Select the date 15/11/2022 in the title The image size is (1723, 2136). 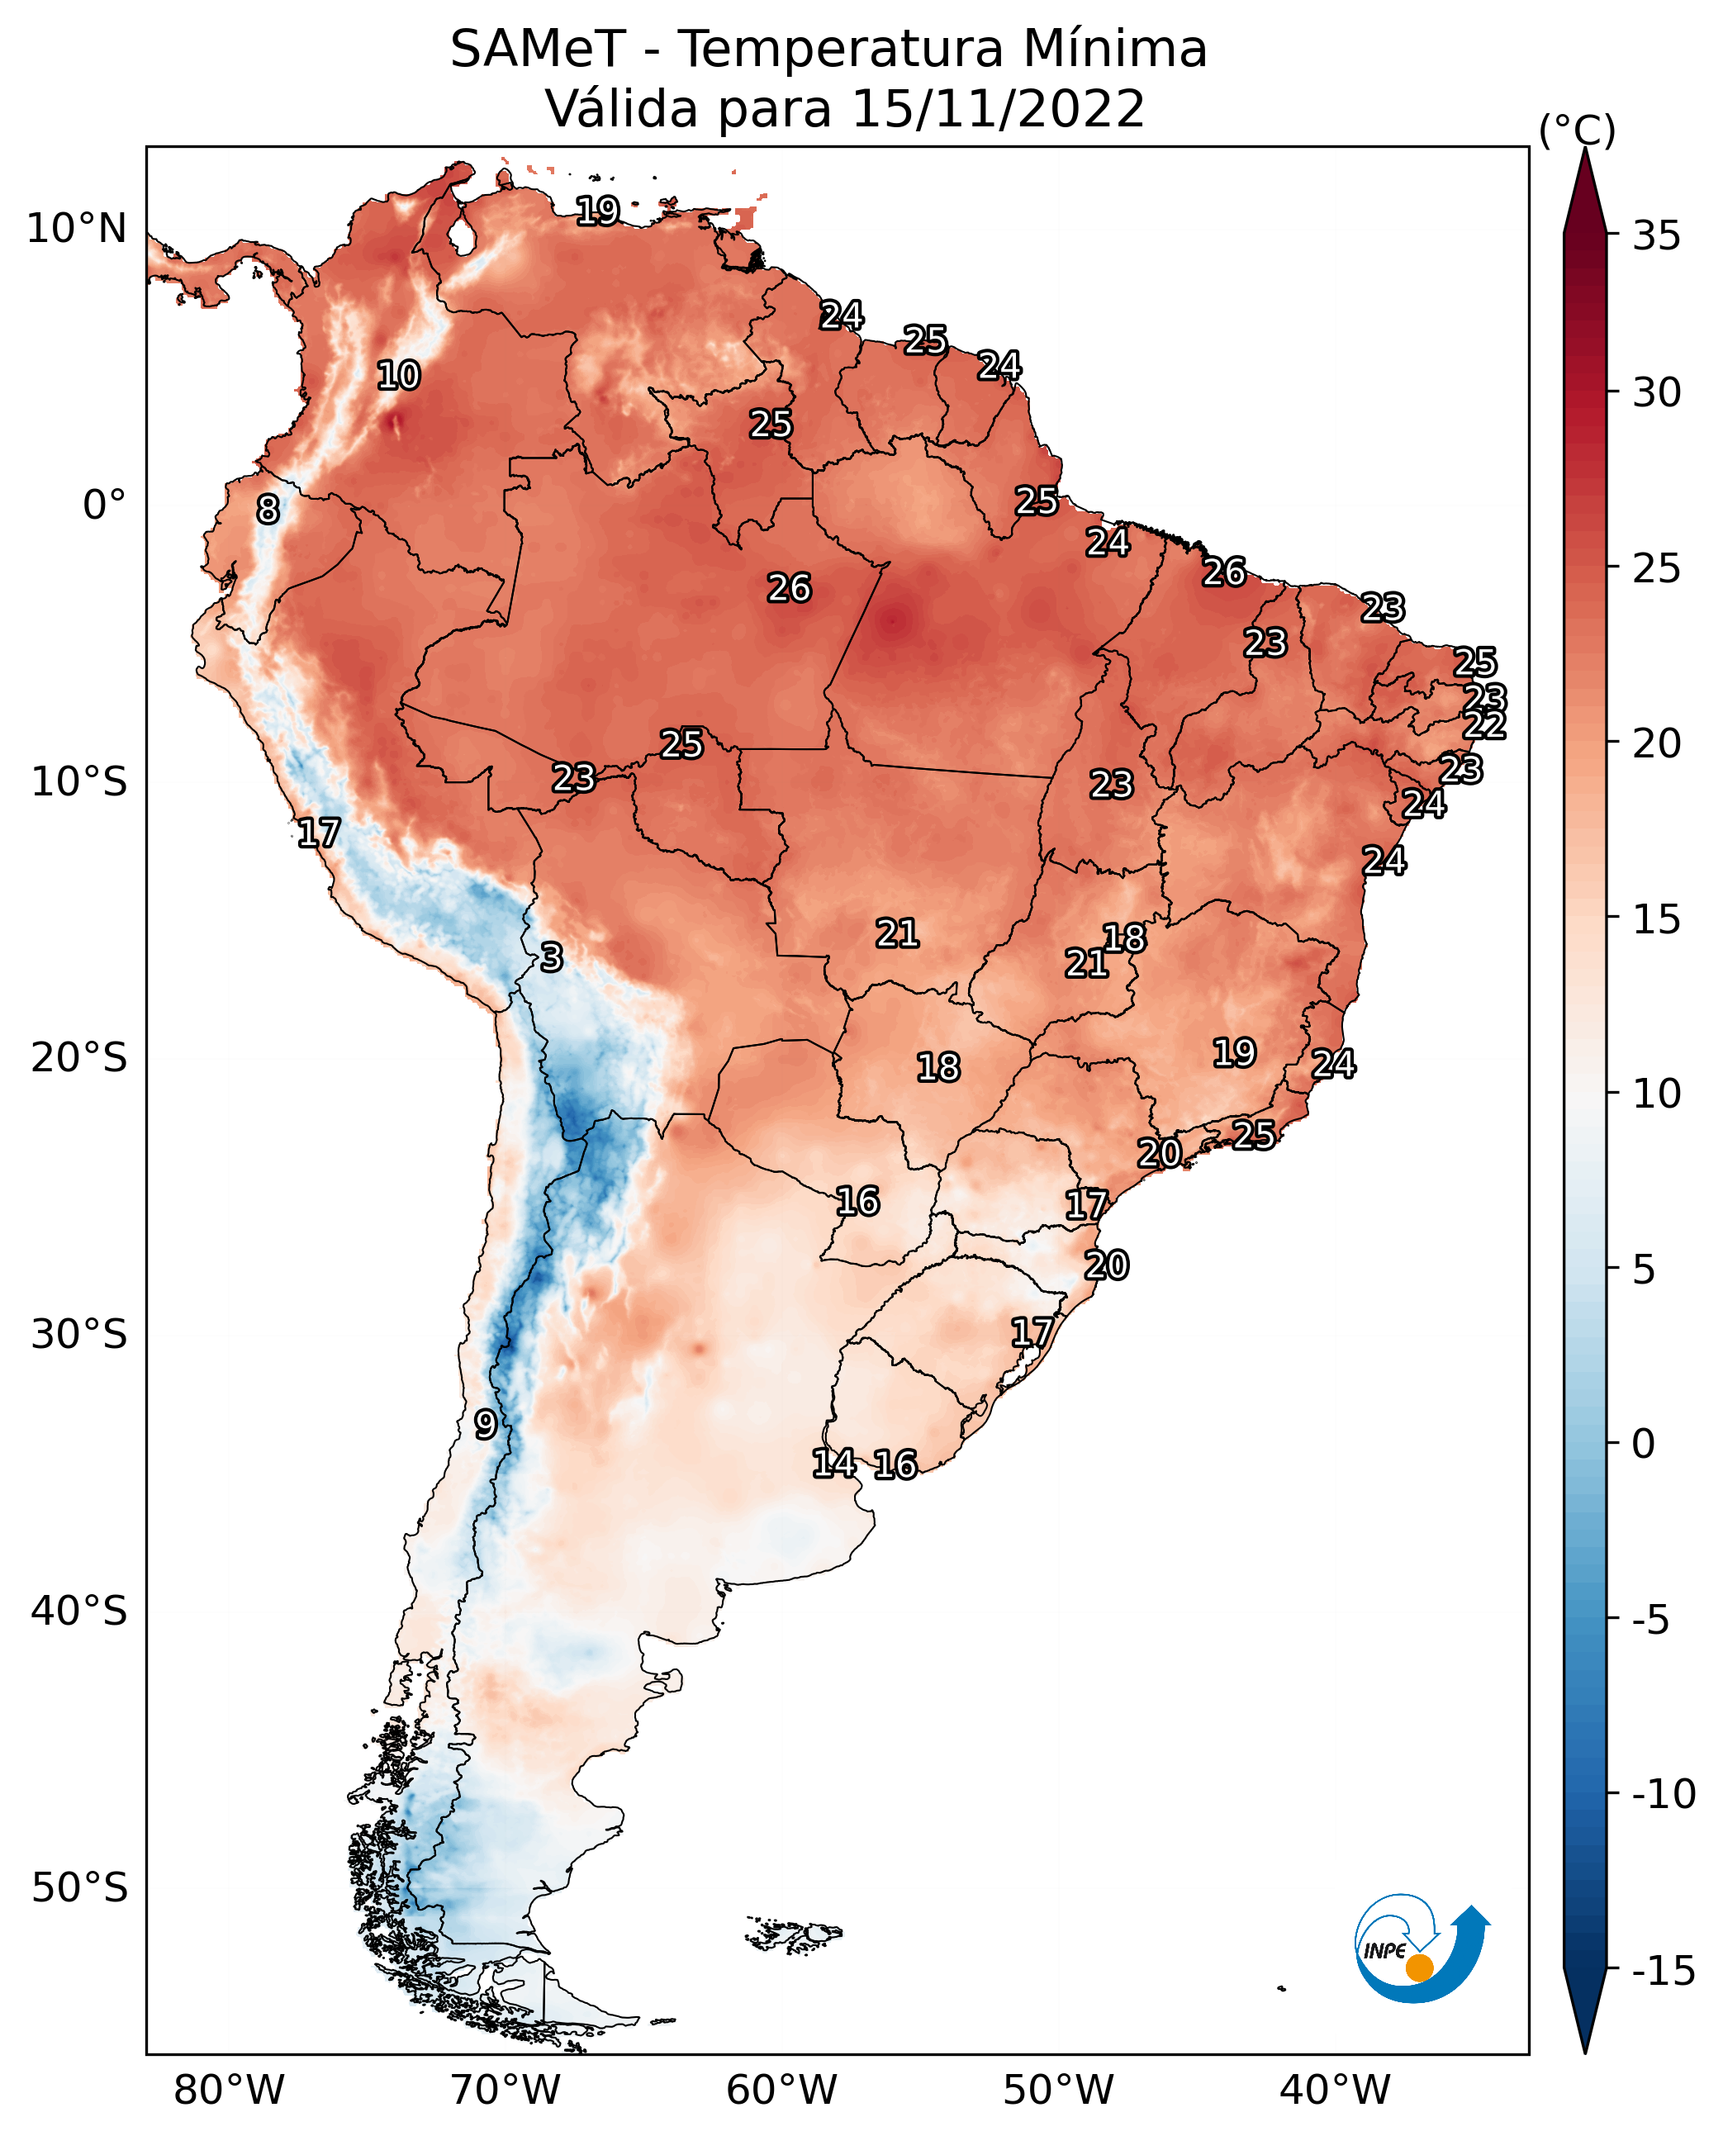point(999,109)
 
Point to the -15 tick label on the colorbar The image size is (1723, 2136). point(1664,1972)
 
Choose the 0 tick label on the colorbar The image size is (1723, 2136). point(1644,1444)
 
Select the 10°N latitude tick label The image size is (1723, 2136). point(78,230)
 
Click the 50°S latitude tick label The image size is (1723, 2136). point(79,1888)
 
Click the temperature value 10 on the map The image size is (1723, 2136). point(399,376)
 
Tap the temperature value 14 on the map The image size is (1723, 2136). point(833,1463)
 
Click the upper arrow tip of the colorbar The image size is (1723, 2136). point(1585,148)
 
